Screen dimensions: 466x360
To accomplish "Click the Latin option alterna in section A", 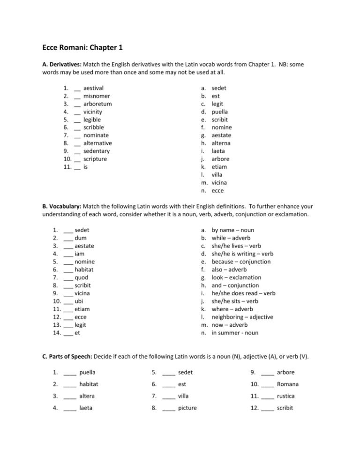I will coord(224,143).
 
